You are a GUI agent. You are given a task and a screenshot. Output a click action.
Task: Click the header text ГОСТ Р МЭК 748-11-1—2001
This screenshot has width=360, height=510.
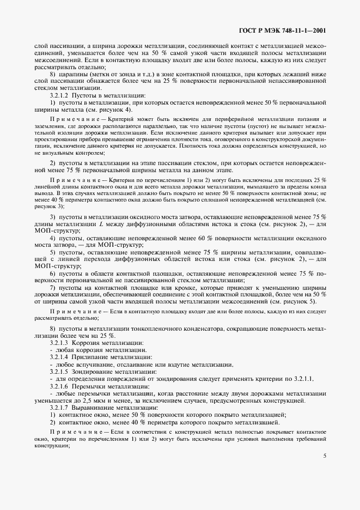click(x=283, y=31)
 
